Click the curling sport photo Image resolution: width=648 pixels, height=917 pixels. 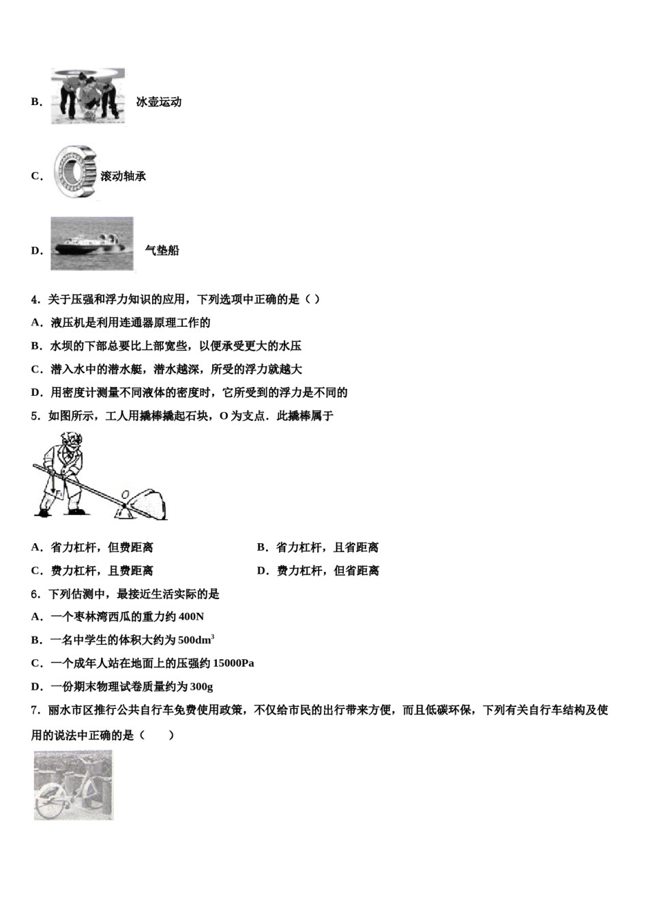[88, 96]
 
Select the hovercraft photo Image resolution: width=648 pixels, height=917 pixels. [92, 244]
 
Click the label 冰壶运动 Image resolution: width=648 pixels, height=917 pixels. [158, 102]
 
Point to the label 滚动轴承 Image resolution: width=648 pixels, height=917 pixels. [123, 176]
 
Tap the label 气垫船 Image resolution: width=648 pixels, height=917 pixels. [162, 250]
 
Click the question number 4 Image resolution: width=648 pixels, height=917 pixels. [34, 299]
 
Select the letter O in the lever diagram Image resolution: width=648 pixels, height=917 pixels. [125, 494]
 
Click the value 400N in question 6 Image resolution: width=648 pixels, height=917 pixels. [190, 617]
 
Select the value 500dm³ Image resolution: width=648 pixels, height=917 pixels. [196, 640]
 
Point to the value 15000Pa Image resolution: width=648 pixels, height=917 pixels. [233, 663]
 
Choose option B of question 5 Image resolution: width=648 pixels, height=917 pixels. [318, 547]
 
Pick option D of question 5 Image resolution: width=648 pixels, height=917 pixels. [318, 570]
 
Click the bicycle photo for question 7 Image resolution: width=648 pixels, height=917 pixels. [74, 785]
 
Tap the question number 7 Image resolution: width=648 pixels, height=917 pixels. [34, 710]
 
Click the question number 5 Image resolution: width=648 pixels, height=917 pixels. [34, 416]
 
